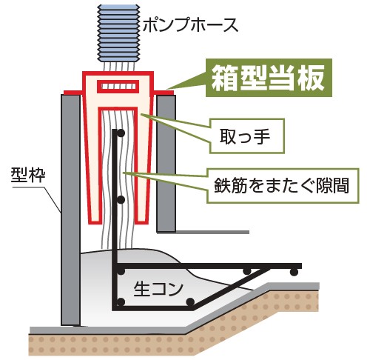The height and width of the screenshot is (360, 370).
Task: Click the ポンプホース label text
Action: [x=190, y=25]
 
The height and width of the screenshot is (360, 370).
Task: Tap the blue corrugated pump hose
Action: [x=118, y=33]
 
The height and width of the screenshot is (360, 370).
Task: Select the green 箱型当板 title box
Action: [x=269, y=78]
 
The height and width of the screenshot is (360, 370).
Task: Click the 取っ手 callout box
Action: [x=247, y=136]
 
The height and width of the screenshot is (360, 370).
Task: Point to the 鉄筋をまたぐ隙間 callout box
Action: [x=283, y=186]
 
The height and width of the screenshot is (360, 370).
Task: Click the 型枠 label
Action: [x=28, y=175]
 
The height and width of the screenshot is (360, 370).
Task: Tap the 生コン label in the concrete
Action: [x=158, y=289]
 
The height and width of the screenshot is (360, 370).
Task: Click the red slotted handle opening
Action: [x=118, y=87]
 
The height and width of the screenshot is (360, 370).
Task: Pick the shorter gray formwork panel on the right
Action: [x=166, y=164]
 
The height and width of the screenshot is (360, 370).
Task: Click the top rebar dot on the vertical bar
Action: [x=121, y=133]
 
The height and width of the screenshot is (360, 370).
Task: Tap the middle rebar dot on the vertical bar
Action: [x=121, y=200]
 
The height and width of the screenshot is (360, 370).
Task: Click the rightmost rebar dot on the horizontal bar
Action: [x=294, y=272]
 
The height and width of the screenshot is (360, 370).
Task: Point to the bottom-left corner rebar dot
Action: [x=121, y=302]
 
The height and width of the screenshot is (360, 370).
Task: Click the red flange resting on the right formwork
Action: [x=164, y=93]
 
